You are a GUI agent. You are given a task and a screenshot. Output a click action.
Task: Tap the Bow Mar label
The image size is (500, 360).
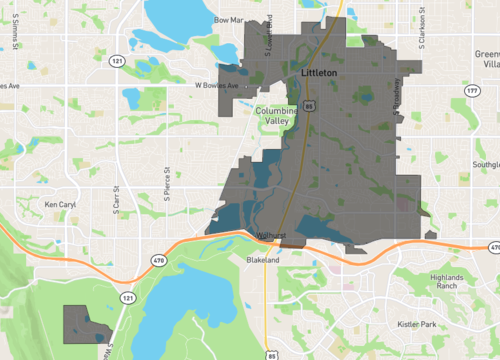tap(229, 18)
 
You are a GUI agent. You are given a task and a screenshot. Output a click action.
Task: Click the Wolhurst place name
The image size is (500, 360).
tap(272, 236)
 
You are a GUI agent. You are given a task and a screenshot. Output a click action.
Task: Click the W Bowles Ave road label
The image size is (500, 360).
tap(215, 86)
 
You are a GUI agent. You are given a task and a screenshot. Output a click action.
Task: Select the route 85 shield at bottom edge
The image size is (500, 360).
tap(272, 353)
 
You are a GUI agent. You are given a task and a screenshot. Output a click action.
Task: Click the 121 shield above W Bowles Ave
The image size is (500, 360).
tap(118, 62)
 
